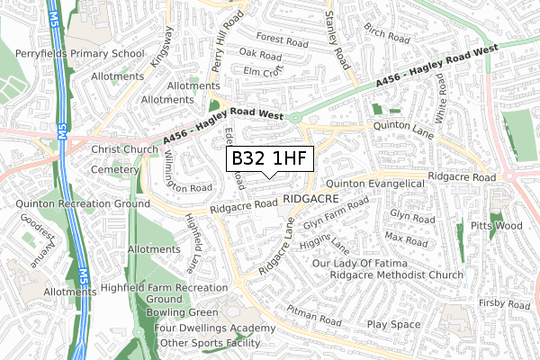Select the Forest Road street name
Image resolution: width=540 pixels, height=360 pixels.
click(281, 40)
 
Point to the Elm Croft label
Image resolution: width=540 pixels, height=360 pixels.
click(263, 70)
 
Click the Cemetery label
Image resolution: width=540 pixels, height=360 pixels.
click(112, 168)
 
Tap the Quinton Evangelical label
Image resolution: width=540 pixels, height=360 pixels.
click(381, 184)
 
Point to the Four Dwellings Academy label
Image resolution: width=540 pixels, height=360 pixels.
click(206, 328)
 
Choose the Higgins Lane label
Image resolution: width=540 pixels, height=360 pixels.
click(327, 244)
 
